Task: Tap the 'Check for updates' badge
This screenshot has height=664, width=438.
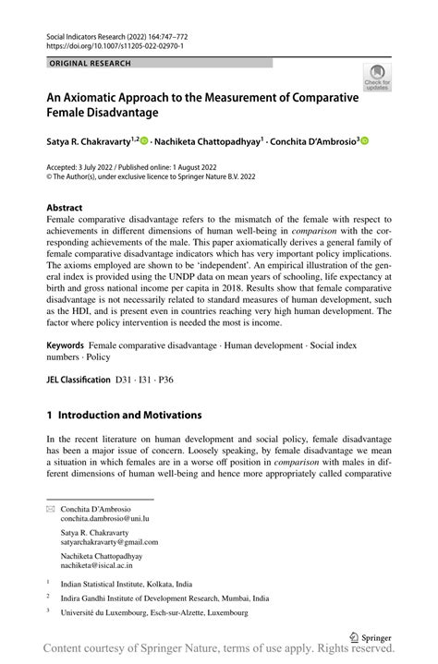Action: coord(377,77)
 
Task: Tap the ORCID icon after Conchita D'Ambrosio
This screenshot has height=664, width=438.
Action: coord(364,141)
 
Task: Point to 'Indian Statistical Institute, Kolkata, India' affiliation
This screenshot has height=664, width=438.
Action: coord(127,584)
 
